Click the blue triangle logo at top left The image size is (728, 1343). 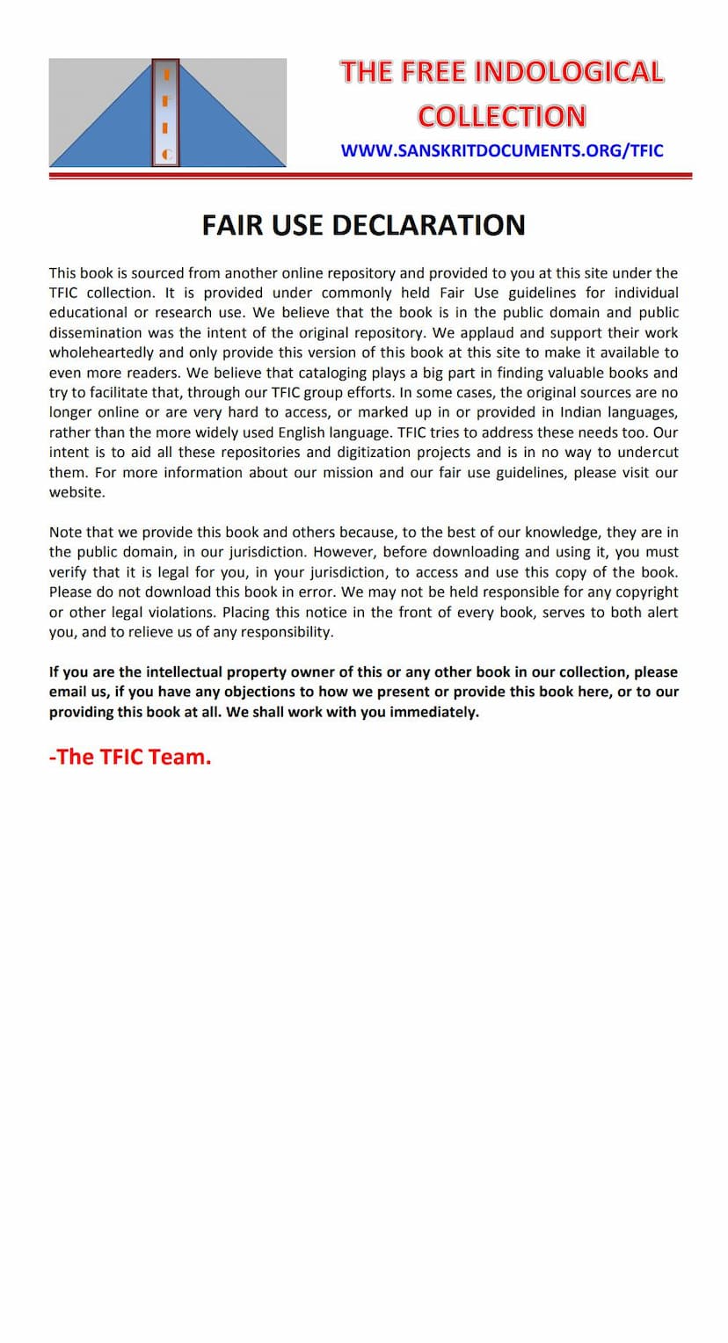click(167, 113)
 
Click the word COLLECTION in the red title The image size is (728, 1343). click(501, 116)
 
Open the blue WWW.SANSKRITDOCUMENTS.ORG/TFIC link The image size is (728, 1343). click(502, 150)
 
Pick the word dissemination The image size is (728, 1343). click(97, 332)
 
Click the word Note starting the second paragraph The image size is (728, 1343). click(66, 533)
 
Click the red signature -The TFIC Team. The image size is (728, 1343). click(130, 757)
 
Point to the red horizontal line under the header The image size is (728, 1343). click(369, 176)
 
